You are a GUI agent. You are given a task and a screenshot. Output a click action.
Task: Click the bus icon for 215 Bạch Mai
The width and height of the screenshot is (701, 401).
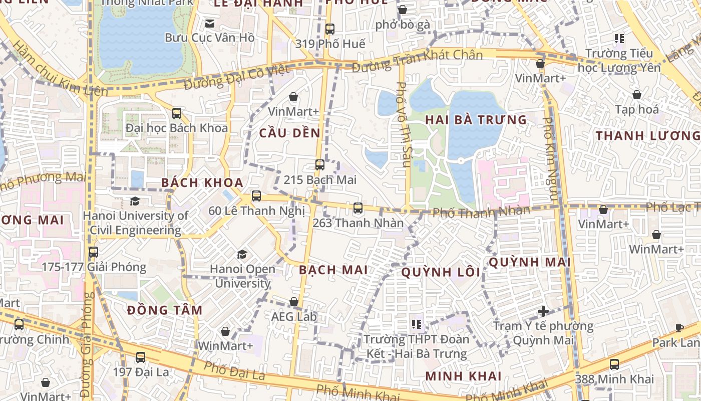click(x=319, y=164)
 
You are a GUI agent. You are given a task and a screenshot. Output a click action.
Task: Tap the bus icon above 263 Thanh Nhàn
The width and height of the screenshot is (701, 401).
click(x=358, y=208)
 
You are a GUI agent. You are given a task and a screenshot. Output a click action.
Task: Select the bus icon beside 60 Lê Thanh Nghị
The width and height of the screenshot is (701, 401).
click(x=256, y=196)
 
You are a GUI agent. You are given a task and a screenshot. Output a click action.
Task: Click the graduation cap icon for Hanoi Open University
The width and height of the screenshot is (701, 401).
click(x=242, y=255)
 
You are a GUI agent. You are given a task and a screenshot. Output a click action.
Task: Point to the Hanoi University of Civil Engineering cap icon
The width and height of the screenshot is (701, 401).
click(x=135, y=202)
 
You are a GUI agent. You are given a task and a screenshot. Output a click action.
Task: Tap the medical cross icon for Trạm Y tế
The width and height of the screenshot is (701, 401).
click(x=543, y=311)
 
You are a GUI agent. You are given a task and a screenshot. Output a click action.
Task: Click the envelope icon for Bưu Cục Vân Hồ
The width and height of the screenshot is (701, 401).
click(x=209, y=23)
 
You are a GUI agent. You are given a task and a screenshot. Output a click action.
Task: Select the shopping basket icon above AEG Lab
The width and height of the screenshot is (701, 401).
click(x=294, y=302)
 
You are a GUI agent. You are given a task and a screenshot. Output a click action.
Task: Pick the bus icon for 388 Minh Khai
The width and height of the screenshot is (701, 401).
click(x=614, y=364)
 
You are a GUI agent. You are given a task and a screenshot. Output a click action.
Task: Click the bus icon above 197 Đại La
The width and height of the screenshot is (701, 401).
click(x=141, y=357)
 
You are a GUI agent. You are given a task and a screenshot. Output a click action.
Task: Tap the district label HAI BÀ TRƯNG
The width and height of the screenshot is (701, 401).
click(x=476, y=120)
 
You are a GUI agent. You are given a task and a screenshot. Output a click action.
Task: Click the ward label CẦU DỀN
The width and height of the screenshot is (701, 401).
click(x=289, y=133)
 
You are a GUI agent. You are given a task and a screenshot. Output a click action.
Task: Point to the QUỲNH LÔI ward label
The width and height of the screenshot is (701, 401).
click(x=441, y=272)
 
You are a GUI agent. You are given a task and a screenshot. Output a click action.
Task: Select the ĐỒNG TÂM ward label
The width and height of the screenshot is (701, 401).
click(x=164, y=310)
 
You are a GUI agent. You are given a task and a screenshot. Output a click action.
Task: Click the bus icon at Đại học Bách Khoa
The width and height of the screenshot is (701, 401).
click(x=176, y=113)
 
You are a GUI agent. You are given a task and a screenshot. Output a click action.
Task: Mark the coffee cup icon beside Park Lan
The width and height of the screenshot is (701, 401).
click(x=679, y=328)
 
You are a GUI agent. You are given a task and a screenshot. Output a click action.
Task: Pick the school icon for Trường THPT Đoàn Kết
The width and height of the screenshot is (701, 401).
click(x=416, y=324)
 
